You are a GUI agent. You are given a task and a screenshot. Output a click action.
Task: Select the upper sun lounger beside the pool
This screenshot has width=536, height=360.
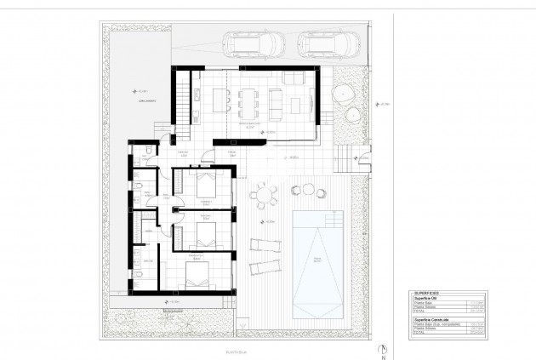(x=265, y=248)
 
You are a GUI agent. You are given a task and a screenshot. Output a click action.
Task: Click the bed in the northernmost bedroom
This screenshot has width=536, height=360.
(x=204, y=186)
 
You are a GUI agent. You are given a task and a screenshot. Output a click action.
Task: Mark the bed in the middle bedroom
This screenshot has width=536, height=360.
(x=204, y=231)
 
